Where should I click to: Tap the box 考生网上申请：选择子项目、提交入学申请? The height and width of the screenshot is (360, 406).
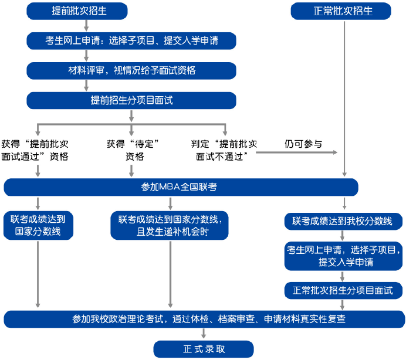tap(131, 40)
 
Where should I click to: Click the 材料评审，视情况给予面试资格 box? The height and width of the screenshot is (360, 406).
tap(131, 70)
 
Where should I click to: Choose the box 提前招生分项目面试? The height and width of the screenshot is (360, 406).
tap(131, 100)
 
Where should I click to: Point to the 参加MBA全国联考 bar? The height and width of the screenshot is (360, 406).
tap(180, 187)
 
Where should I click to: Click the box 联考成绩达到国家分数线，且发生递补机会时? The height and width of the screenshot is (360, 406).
tap(170, 226)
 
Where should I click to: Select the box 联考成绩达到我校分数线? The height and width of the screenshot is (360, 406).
tap(343, 221)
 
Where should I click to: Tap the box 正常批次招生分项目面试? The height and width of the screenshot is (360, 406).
tap(343, 290)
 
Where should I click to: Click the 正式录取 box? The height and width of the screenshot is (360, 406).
tap(203, 349)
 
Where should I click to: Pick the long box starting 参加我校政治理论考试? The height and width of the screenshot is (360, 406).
tap(204, 320)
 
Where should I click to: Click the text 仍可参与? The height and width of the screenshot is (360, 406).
tap(303, 144)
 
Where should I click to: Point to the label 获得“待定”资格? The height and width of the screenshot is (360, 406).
tap(134, 150)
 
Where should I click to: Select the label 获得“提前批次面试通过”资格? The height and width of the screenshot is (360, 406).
tap(35, 150)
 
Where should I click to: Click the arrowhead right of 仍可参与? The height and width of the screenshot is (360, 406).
tap(336, 152)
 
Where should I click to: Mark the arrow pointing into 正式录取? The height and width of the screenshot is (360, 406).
tap(204, 335)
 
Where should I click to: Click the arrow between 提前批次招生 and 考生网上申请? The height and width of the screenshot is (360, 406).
tap(86, 25)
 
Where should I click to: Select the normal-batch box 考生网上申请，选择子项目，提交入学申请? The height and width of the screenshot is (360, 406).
tap(343, 256)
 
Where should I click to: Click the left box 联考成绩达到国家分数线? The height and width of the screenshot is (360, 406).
tap(38, 226)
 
